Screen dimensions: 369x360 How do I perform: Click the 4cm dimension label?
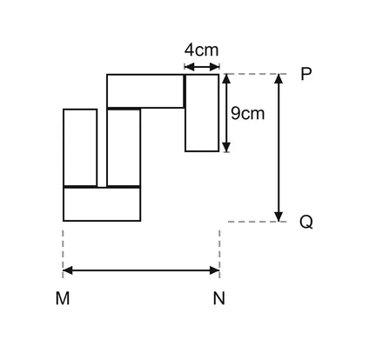pyautogui.click(x=201, y=50)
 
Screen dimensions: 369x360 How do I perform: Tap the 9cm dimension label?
pyautogui.click(x=248, y=113)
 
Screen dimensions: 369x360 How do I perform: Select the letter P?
pyautogui.click(x=306, y=74)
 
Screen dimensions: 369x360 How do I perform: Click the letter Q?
pyautogui.click(x=306, y=223)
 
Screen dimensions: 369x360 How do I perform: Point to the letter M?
pyautogui.click(x=63, y=298)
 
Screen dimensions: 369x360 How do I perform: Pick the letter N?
pyautogui.click(x=219, y=298)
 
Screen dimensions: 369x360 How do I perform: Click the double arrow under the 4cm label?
pyautogui.click(x=202, y=67)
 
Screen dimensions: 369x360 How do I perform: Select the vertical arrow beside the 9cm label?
pyautogui.click(x=226, y=113)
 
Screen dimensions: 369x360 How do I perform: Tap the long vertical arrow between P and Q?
pyautogui.click(x=278, y=148)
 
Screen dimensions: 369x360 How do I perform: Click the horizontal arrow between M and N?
pyautogui.click(x=141, y=270)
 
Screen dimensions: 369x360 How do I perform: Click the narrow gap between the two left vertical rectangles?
pyautogui.click(x=102, y=148)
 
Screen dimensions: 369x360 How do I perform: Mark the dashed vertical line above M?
pyautogui.click(x=63, y=254)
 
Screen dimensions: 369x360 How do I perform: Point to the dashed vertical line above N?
pyautogui.click(x=219, y=254)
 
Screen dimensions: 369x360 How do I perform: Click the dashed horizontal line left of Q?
pyautogui.click(x=258, y=222)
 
